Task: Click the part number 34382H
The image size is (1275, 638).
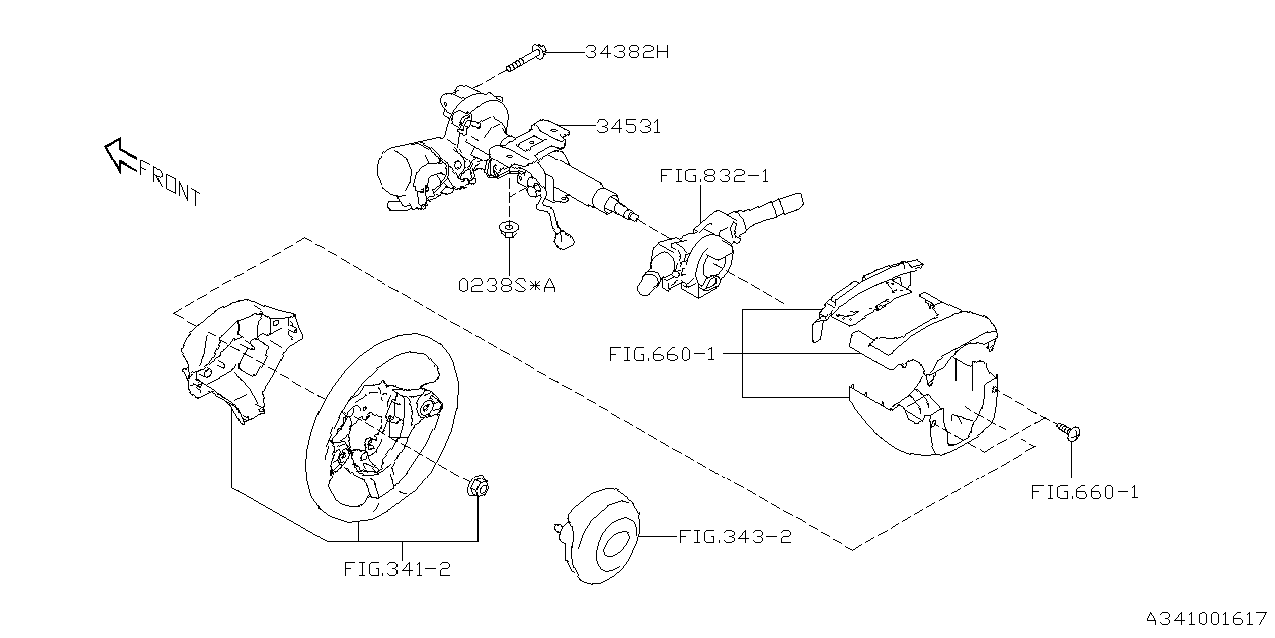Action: coord(627,52)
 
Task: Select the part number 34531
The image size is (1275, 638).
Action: coord(629,126)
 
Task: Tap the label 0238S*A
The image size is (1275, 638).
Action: coord(507,285)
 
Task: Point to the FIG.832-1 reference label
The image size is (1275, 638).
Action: coord(714,176)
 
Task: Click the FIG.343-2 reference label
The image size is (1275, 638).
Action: coord(735,537)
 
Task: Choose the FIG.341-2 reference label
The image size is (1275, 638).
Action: coord(397,569)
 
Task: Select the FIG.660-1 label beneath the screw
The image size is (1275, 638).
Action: coord(1085,492)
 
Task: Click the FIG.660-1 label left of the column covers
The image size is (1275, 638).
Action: coord(661,354)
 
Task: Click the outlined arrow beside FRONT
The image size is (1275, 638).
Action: coord(121,155)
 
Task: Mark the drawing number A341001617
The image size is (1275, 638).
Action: coord(1205,619)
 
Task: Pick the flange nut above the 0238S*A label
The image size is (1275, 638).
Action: coord(508,229)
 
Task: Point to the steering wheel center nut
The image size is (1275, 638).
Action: coord(478,488)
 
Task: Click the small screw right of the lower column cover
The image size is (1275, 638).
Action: coord(1069,431)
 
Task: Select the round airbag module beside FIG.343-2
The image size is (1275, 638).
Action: coord(598,536)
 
